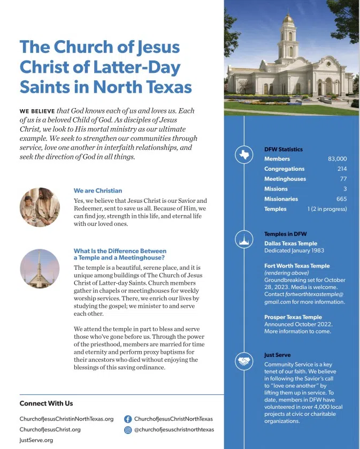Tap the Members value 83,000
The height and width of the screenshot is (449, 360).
pyautogui.click(x=337, y=159)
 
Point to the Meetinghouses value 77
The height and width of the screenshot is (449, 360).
pyautogui.click(x=343, y=179)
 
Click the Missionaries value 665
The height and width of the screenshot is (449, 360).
pyautogui.click(x=341, y=199)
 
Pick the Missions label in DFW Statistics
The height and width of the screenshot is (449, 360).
pyautogui.click(x=275, y=189)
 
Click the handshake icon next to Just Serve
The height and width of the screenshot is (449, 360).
pyautogui.click(x=244, y=362)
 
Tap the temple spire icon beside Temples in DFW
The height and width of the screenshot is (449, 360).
pyautogui.click(x=244, y=240)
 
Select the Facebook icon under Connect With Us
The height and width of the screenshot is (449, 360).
pyautogui.click(x=128, y=419)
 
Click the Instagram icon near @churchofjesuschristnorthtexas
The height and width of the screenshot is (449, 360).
pyautogui.click(x=128, y=430)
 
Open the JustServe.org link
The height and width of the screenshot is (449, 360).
pyautogui.click(x=36, y=440)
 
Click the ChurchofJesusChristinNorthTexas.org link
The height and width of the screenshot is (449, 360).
pyautogui.click(x=66, y=419)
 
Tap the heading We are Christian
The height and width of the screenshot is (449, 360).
pyautogui.click(x=98, y=191)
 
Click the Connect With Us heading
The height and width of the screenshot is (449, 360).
pyautogui.click(x=46, y=403)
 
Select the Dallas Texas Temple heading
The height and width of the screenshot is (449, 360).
pyautogui.click(x=290, y=243)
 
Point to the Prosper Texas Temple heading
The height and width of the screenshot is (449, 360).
pyautogui.click(x=293, y=317)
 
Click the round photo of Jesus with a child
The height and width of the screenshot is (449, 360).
pyautogui.click(x=40, y=207)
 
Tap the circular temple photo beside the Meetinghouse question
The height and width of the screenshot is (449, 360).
pyautogui.click(x=40, y=269)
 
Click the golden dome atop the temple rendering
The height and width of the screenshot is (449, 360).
pyautogui.click(x=289, y=19)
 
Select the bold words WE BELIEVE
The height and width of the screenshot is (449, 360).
pyautogui.click(x=37, y=111)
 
